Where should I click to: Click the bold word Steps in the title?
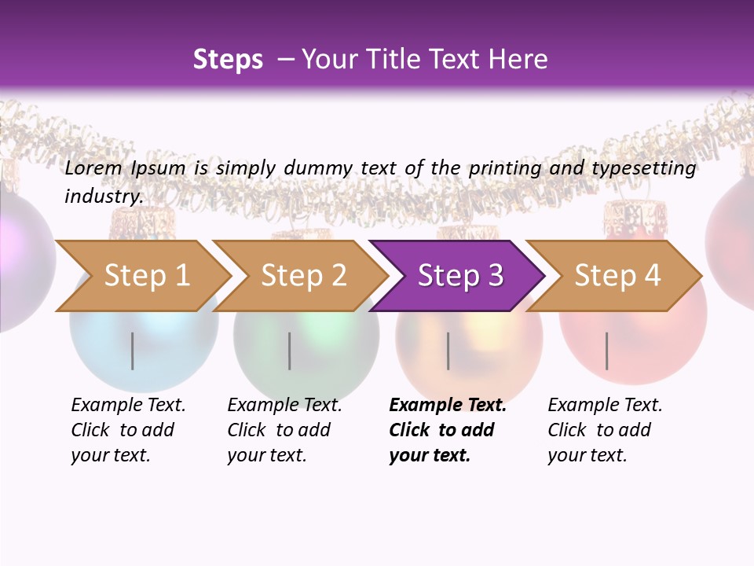click(x=228, y=60)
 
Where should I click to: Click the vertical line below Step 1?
click(x=133, y=351)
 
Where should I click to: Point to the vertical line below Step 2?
click(x=290, y=351)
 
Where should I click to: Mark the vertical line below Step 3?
click(x=448, y=351)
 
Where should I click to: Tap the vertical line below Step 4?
click(x=606, y=351)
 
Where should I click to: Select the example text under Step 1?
click(x=128, y=430)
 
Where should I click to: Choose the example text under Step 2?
click(x=284, y=430)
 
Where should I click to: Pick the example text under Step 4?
click(x=605, y=430)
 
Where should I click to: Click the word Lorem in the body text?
click(x=93, y=168)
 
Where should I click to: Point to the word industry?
click(x=104, y=196)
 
